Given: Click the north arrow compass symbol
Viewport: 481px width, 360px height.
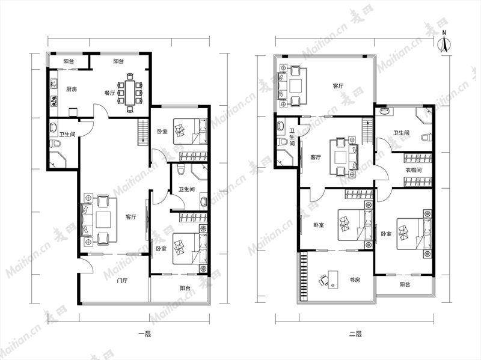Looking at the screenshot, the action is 444,41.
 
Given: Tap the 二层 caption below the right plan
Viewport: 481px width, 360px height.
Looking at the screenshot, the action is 355,334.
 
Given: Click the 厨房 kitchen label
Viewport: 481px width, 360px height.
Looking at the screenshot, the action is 72,89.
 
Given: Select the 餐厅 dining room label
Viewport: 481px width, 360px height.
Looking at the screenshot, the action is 109,93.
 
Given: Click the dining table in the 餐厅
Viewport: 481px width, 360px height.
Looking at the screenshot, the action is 130,93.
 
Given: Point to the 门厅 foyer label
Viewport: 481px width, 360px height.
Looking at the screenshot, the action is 122,281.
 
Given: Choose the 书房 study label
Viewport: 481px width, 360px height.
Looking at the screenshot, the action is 355,279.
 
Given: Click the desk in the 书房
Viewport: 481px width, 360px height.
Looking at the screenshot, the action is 333,279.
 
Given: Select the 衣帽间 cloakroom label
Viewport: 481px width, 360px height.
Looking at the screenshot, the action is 413,170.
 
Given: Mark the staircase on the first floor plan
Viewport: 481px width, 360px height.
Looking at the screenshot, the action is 143,132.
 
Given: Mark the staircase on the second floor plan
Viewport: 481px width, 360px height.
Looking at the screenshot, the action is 367,130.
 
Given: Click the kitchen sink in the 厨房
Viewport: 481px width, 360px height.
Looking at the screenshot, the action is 54,84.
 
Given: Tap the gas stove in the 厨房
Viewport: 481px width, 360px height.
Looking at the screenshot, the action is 54,101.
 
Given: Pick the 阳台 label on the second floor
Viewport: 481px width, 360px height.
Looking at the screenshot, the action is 405,284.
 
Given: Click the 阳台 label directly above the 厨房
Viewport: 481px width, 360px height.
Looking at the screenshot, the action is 69,61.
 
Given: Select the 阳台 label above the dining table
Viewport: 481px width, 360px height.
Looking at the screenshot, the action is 118,61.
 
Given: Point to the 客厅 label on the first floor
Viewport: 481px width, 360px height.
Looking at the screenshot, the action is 130,217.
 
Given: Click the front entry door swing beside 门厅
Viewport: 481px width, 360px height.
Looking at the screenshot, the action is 86,265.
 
